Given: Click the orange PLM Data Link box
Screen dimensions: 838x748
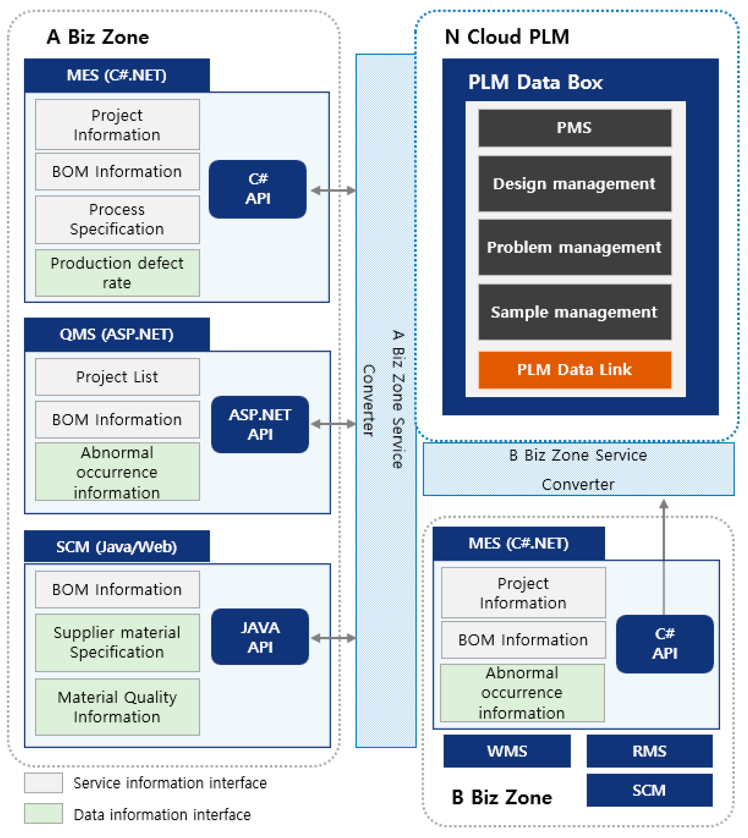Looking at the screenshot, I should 575,370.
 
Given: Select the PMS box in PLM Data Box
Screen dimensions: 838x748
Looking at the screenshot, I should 575,128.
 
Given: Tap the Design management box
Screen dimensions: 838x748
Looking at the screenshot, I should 575,184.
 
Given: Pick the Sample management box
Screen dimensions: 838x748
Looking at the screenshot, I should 575,312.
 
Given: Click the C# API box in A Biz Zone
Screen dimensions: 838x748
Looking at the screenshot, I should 258,189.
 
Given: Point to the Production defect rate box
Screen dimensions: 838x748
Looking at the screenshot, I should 117,273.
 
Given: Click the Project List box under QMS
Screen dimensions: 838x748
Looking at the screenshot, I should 117,377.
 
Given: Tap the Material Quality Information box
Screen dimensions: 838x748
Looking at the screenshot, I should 117,707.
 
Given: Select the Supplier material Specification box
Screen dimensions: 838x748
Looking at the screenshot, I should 117,642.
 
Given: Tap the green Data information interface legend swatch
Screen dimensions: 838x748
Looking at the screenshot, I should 43,814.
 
